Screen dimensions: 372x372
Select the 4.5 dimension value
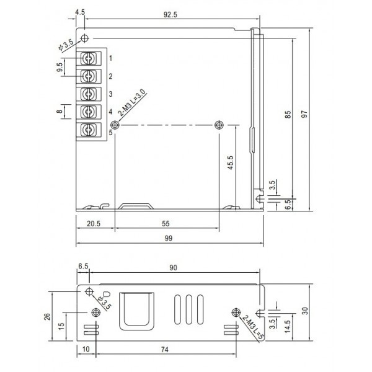click(x=79, y=12)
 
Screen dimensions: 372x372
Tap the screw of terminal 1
click(x=88, y=58)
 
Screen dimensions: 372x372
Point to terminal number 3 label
click(x=110, y=94)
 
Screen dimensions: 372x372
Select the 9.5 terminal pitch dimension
click(x=60, y=67)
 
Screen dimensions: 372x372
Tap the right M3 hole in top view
click(x=218, y=125)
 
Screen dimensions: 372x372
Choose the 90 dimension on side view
click(x=173, y=268)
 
